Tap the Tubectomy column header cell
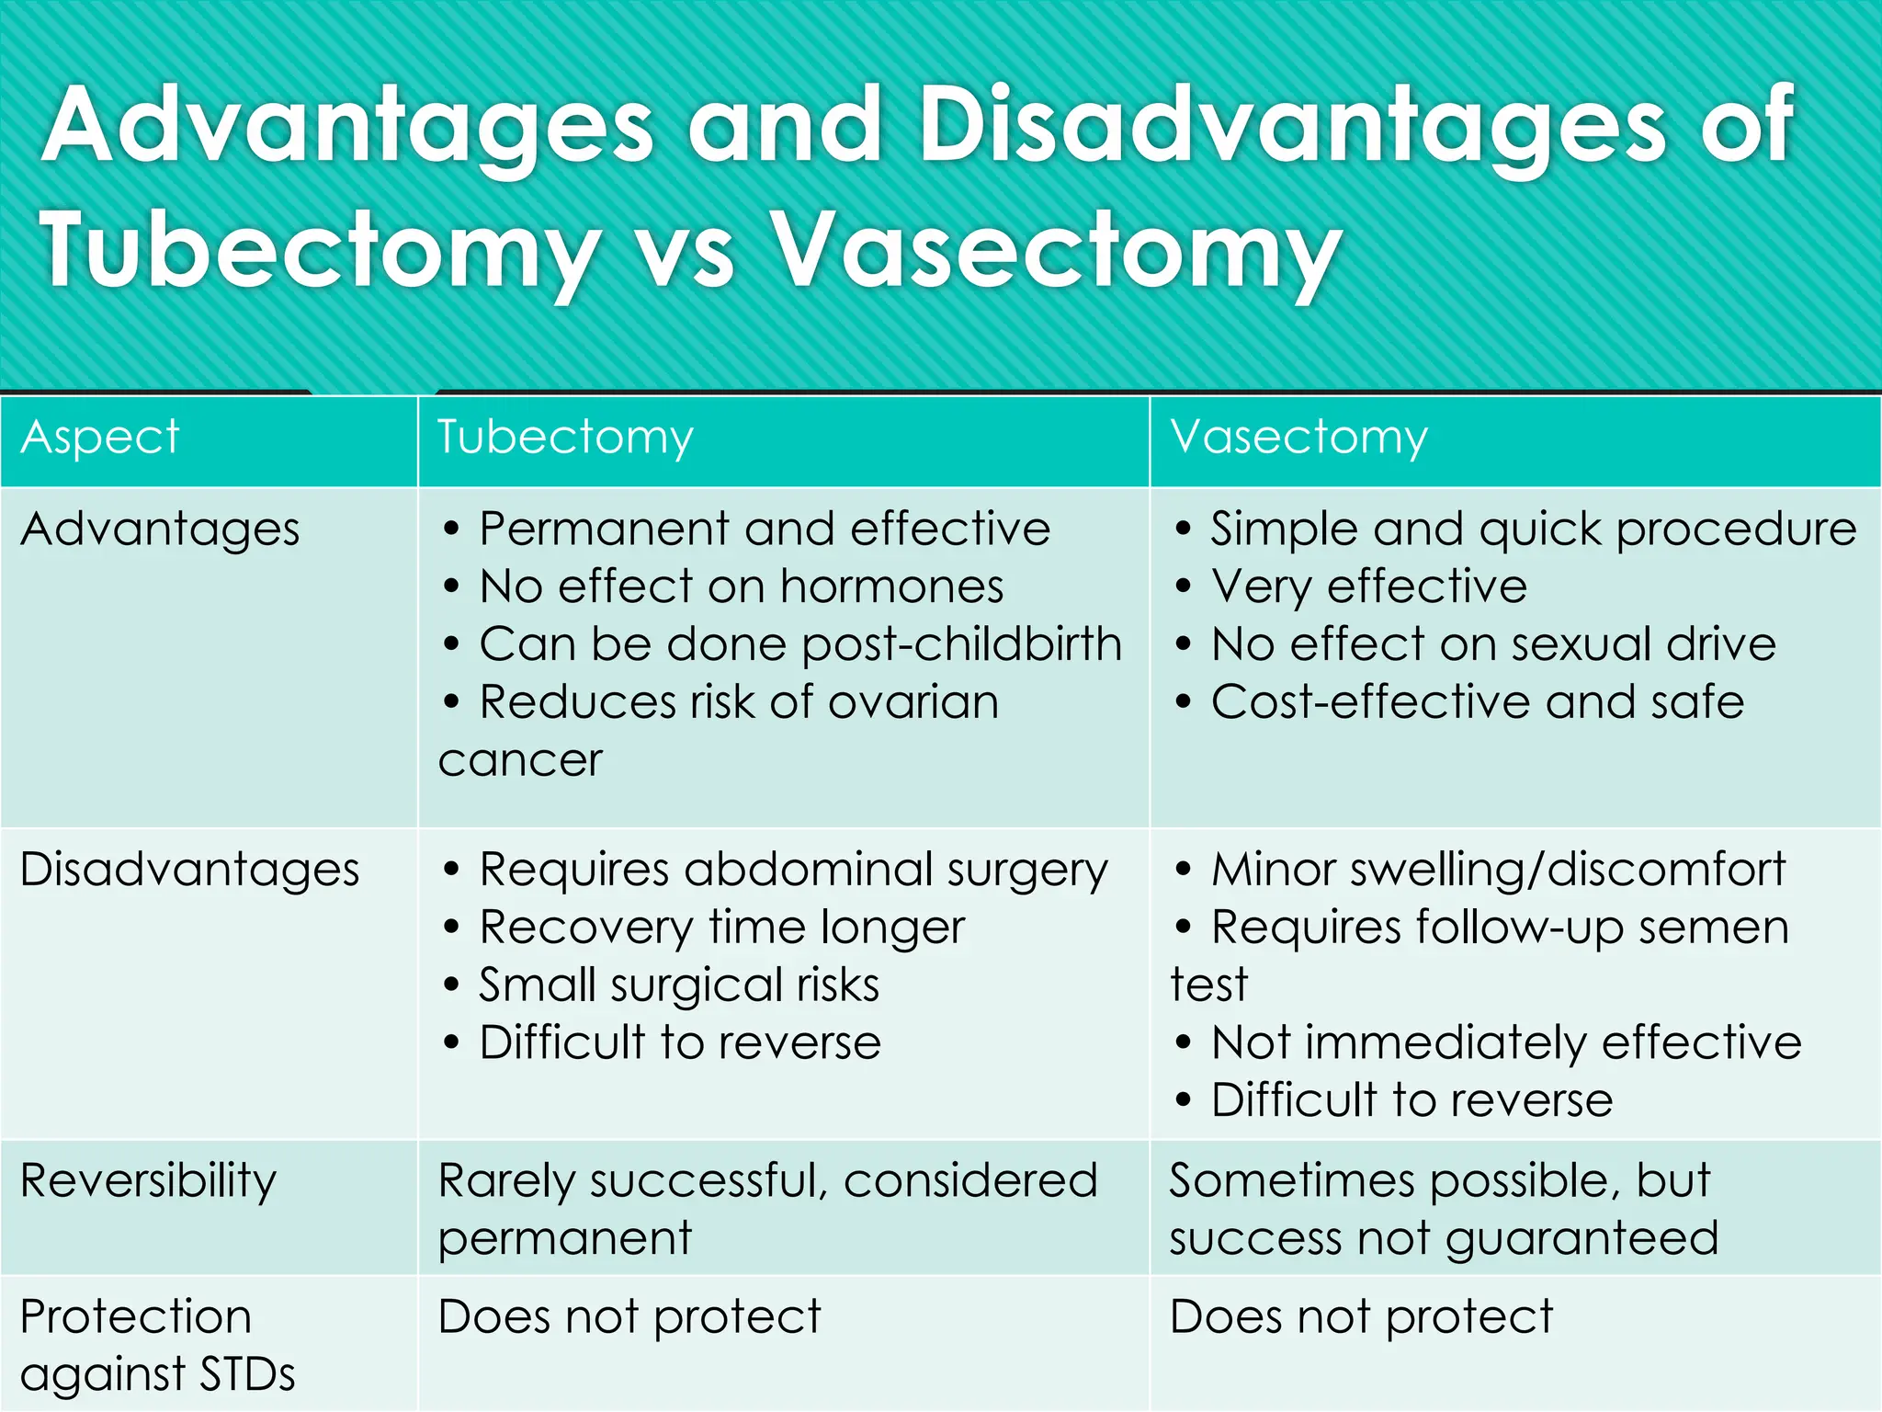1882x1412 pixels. (564, 437)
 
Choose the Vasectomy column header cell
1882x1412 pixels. (1298, 437)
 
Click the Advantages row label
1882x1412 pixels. (160, 530)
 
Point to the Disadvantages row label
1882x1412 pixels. (189, 870)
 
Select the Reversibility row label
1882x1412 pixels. (148, 1180)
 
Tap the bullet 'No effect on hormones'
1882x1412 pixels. (741, 587)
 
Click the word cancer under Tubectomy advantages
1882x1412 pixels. (520, 760)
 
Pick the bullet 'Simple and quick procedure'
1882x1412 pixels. (1533, 530)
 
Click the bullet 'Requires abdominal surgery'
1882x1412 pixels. (793, 870)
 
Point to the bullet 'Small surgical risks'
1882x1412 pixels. (678, 985)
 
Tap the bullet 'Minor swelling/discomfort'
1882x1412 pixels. (1498, 870)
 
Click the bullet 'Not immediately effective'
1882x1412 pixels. (1505, 1043)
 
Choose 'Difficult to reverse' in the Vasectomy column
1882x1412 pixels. (1411, 1101)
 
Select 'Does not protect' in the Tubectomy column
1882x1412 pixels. (629, 1316)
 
